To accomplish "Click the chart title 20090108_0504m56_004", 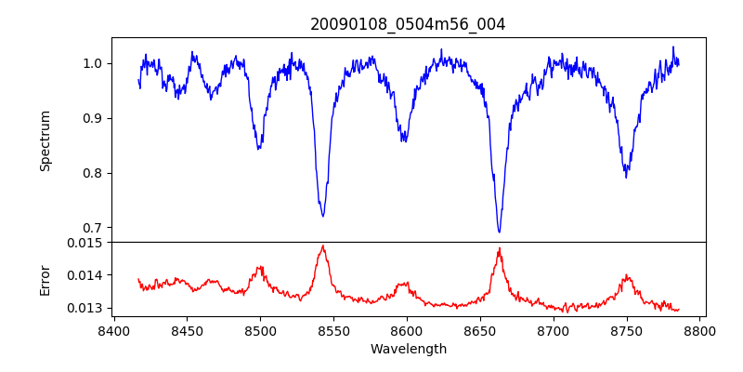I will (408, 24).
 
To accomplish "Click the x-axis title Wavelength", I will (408, 349).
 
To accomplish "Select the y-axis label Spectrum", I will (46, 140).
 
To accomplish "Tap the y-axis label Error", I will (46, 274).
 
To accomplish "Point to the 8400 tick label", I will (113, 329).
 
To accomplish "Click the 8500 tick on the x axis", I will (260, 329).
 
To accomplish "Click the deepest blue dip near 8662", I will (499, 232).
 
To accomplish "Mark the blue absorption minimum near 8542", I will (323, 216).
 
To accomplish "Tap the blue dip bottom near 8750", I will (626, 177).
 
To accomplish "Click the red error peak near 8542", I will (322, 246).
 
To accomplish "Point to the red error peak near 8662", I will (499, 248).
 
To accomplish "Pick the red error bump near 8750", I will (627, 275).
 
